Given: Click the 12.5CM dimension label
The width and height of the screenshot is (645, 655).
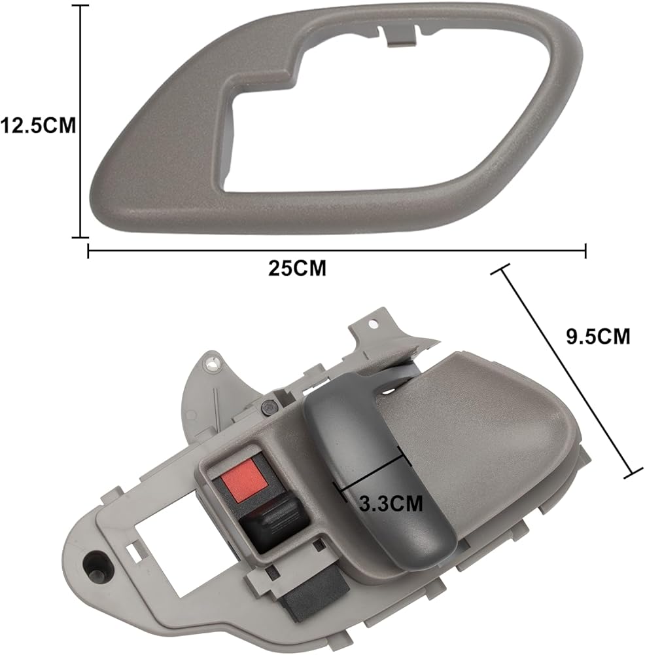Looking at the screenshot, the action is click(39, 125).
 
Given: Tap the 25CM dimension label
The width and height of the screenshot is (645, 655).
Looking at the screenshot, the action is click(297, 268).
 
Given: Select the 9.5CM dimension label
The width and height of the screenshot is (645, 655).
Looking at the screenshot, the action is click(598, 336).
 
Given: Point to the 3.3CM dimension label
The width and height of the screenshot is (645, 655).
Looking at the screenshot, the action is click(391, 503).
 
